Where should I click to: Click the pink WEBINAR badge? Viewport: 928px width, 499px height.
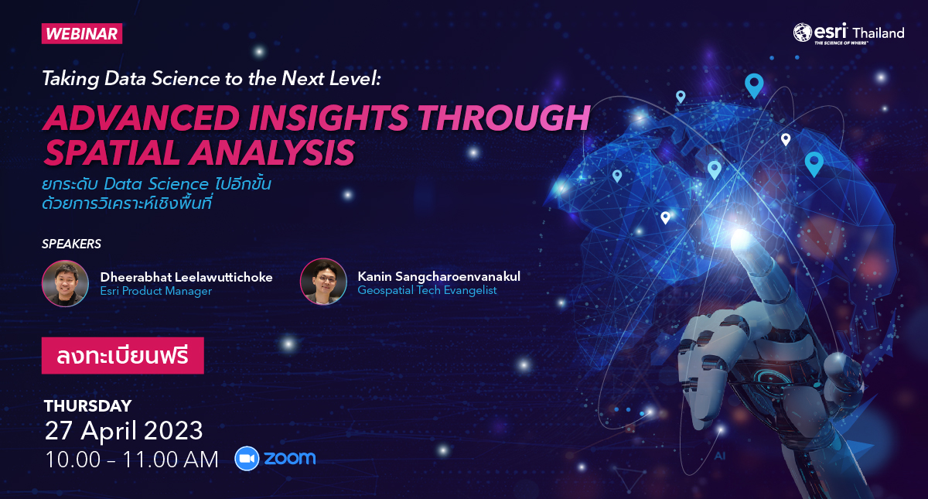click(82, 33)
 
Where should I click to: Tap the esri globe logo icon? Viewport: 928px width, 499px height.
click(802, 32)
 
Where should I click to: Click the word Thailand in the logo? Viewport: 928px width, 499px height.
click(879, 32)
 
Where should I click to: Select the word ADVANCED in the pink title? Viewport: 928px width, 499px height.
click(142, 118)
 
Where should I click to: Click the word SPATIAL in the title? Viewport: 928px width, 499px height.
click(112, 153)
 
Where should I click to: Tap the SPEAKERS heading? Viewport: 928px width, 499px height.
click(71, 244)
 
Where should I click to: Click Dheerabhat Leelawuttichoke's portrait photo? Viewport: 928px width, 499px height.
click(65, 283)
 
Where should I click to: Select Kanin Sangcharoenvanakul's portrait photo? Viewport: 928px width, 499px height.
click(323, 282)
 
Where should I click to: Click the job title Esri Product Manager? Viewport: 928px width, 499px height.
click(155, 291)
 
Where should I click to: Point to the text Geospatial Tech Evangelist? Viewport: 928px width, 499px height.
click(427, 290)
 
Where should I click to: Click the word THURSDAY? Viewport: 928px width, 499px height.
click(88, 405)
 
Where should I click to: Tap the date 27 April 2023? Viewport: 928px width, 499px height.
click(124, 431)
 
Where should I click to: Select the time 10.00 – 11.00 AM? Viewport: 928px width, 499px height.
click(131, 460)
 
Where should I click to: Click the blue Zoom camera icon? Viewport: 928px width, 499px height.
click(247, 458)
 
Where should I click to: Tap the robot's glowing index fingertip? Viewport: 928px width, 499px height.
click(741, 239)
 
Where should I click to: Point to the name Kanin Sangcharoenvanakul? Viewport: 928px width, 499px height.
click(438, 276)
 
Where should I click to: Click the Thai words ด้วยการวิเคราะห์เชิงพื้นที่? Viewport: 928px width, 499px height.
click(127, 203)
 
